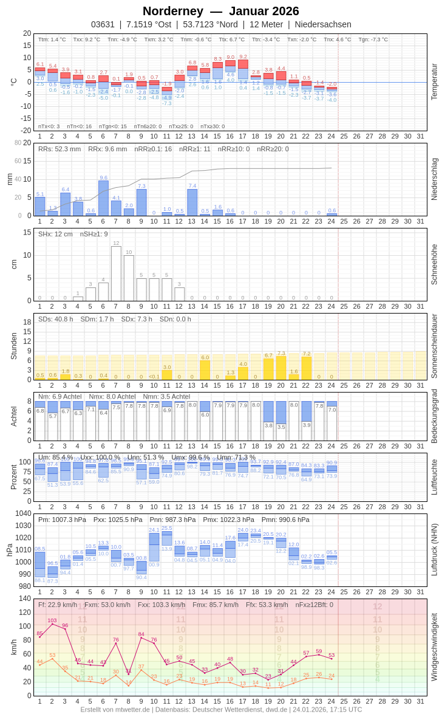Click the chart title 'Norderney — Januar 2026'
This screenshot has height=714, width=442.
click(x=221, y=11)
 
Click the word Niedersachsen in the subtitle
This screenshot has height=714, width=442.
click(x=323, y=24)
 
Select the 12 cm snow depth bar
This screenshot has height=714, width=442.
click(x=116, y=273)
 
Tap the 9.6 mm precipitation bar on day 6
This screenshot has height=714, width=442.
click(x=103, y=198)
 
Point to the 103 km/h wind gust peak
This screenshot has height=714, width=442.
click(x=52, y=624)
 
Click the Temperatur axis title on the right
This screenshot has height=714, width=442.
click(x=434, y=82)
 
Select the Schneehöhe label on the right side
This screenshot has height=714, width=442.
click(x=434, y=264)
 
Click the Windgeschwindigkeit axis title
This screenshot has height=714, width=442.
click(x=434, y=647)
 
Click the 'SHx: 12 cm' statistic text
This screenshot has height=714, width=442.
click(x=55, y=234)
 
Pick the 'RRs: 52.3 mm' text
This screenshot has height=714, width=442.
click(x=59, y=149)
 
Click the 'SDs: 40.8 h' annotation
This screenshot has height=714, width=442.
click(x=56, y=319)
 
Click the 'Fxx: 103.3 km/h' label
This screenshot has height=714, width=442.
click(x=161, y=605)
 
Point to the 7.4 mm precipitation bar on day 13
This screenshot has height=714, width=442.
click(x=192, y=202)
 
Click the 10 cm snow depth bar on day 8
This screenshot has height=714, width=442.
click(x=129, y=278)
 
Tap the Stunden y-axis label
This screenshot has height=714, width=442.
click(x=13, y=346)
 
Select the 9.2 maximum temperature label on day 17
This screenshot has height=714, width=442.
click(x=243, y=57)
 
